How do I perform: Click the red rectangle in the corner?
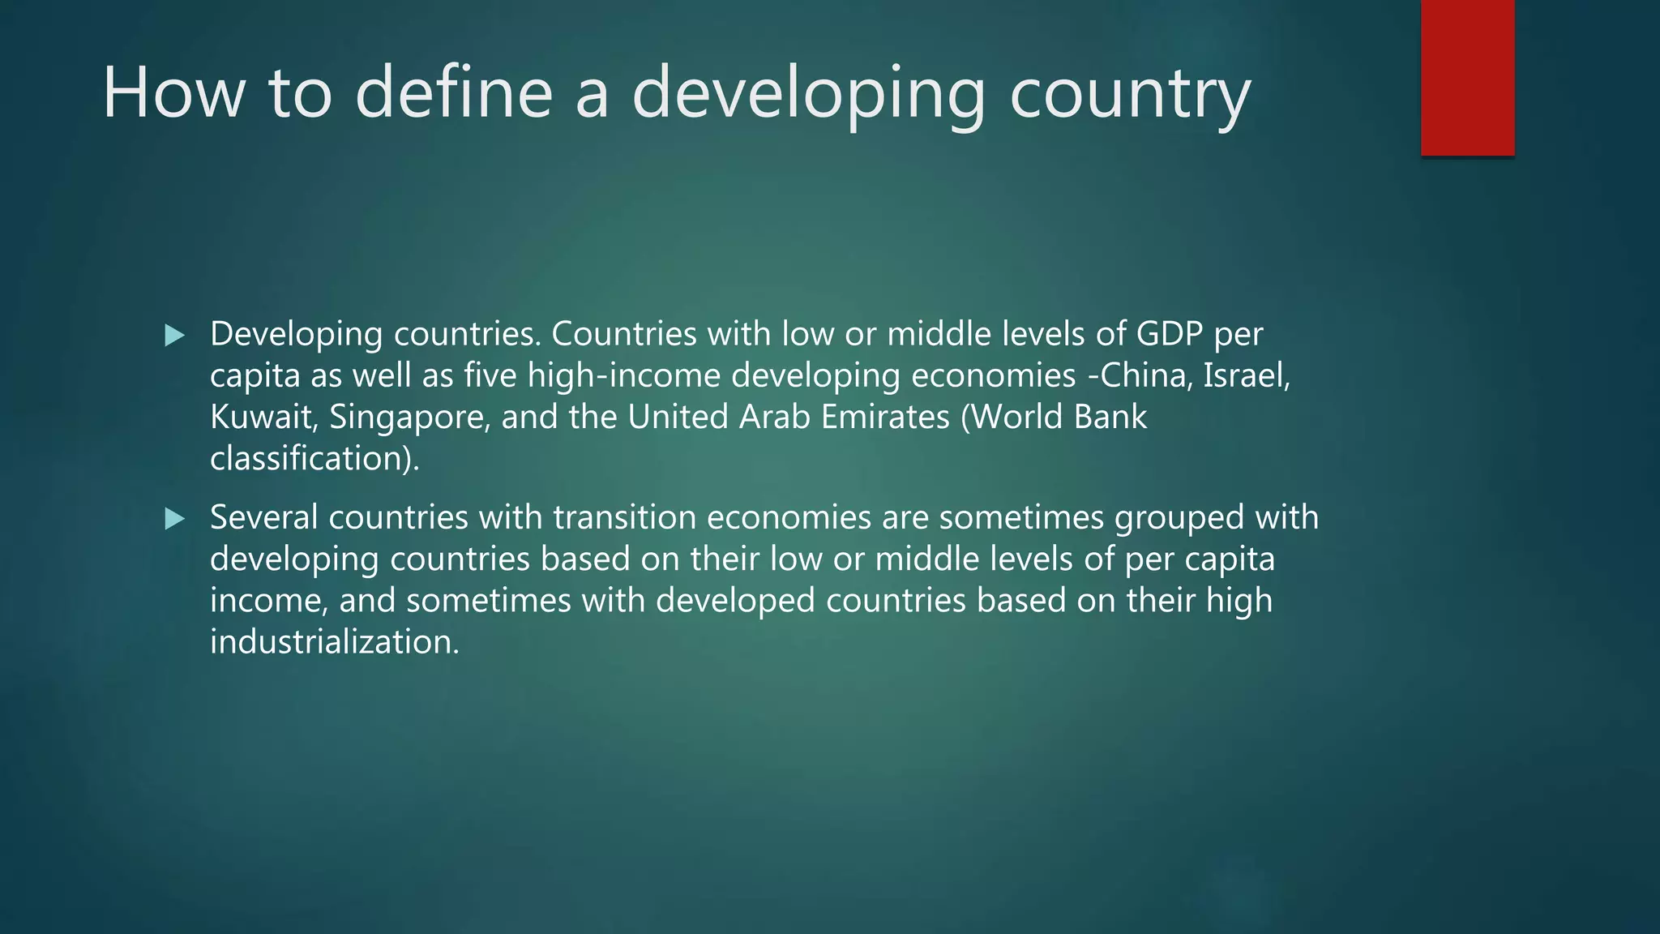(x=1467, y=77)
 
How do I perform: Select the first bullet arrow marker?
(x=174, y=335)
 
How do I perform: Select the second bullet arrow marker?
(x=174, y=518)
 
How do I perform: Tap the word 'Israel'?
(x=1246, y=375)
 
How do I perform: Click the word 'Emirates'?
(x=885, y=417)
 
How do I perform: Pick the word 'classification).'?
(x=314, y=459)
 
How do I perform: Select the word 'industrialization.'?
(x=334, y=642)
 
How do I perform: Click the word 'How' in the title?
(x=173, y=92)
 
